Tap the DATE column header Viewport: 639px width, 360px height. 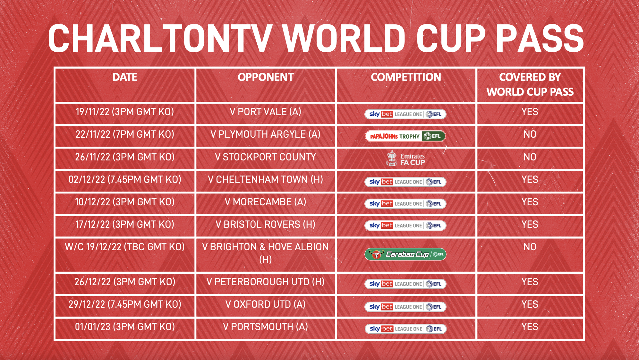point(125,77)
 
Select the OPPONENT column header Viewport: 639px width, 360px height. point(266,77)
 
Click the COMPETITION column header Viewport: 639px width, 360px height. point(406,77)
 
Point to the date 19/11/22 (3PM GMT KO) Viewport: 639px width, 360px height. point(125,112)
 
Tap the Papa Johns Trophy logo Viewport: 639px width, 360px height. point(405,136)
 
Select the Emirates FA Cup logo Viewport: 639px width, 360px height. point(405,159)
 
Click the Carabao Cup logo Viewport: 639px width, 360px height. point(405,254)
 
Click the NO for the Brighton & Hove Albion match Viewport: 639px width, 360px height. point(530,247)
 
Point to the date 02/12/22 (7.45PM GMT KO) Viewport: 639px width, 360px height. point(125,180)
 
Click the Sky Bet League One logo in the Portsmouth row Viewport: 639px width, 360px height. point(406,329)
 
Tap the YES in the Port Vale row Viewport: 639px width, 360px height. point(530,112)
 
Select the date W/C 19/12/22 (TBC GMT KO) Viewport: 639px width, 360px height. point(125,247)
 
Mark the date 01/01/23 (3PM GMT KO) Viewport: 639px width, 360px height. point(125,327)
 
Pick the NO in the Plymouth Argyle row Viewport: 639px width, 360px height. point(530,134)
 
